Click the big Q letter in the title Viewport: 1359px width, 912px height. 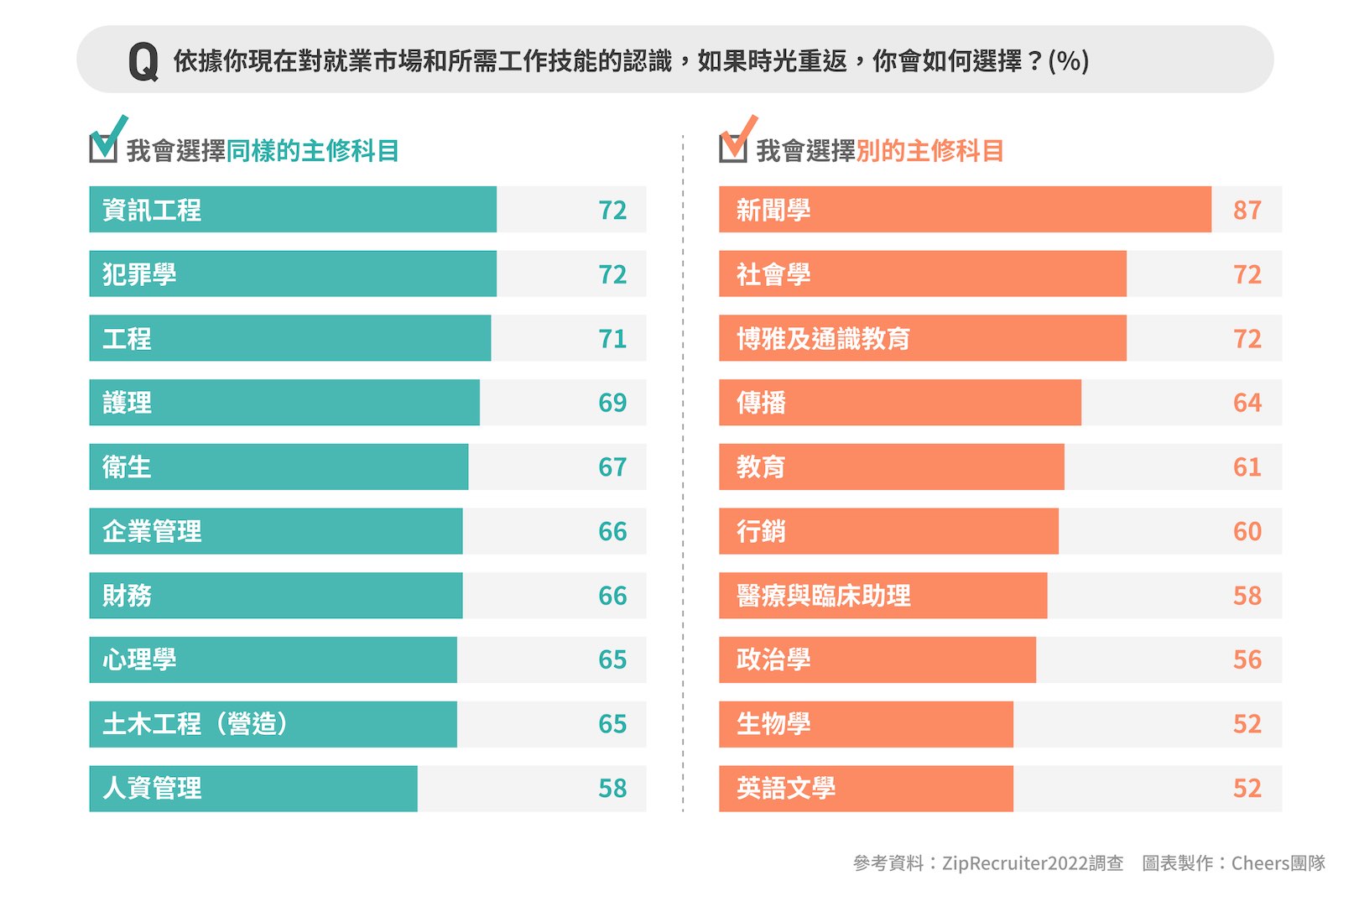pos(143,61)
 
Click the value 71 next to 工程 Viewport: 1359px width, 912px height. pos(612,339)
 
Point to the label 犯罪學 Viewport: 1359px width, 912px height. pos(139,274)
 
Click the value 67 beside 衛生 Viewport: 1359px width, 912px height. pos(612,467)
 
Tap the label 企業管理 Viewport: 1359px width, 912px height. pos(152,531)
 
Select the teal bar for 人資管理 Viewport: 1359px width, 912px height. pos(253,789)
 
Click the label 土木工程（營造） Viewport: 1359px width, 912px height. pos(195,724)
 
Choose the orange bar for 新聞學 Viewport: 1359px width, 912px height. pos(965,210)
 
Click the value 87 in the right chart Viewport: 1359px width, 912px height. pos(1247,210)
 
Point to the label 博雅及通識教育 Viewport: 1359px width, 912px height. pos(823,339)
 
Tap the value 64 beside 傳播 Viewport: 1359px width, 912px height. pos(1247,403)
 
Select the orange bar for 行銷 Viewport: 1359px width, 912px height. pos(888,531)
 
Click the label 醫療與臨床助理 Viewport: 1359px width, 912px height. pos(823,596)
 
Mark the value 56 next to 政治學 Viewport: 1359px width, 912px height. pos(1247,660)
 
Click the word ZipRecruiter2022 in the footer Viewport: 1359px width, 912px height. pos(1014,863)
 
